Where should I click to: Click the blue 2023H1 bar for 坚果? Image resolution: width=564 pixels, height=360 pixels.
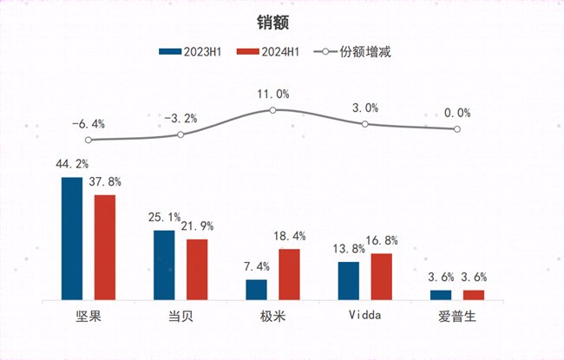(x=72, y=239)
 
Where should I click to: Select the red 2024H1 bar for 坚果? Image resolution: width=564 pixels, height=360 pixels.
(x=105, y=247)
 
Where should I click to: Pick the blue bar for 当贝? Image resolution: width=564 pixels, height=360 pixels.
(x=164, y=265)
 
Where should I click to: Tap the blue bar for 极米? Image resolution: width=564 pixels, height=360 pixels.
(x=257, y=290)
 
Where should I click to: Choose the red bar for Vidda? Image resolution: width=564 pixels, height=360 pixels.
(x=381, y=277)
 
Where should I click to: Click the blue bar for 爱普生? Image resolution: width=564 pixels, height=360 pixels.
(x=441, y=295)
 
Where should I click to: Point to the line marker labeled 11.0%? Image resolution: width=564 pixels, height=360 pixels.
(x=272, y=110)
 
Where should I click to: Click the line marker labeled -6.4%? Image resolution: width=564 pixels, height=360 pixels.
(x=89, y=139)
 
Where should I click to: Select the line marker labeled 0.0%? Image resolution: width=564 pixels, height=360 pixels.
(x=456, y=129)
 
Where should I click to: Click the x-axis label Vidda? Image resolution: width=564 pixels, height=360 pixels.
(x=364, y=315)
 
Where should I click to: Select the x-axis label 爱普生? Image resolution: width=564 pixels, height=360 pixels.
(x=456, y=315)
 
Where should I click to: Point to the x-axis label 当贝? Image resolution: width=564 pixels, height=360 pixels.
(x=180, y=315)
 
